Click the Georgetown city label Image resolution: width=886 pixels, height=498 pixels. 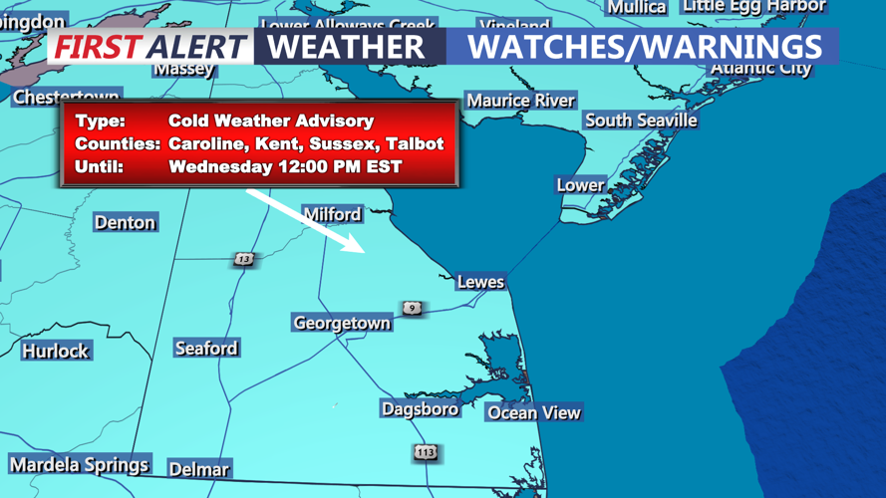(x=341, y=323)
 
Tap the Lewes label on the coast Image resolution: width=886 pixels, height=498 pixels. (x=480, y=282)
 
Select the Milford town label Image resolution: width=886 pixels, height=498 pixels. (x=332, y=214)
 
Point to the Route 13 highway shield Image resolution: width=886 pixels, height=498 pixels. (x=244, y=259)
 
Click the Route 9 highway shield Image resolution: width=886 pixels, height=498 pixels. (x=412, y=309)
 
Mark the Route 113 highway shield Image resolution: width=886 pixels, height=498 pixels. (x=426, y=452)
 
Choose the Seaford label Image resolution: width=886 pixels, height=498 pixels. (x=206, y=349)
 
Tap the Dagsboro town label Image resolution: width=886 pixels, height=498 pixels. (x=420, y=408)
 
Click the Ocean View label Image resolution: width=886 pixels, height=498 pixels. (x=533, y=412)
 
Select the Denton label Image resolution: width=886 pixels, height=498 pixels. (x=125, y=222)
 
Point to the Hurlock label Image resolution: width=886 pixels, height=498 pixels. (x=56, y=351)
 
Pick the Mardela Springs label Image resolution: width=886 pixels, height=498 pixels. (x=79, y=465)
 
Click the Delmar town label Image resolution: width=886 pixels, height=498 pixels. (x=198, y=469)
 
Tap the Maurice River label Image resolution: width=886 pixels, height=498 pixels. (x=520, y=101)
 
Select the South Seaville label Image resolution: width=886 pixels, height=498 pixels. (x=641, y=120)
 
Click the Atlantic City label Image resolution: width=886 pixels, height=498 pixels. (x=760, y=69)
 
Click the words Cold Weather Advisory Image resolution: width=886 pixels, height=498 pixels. (x=271, y=121)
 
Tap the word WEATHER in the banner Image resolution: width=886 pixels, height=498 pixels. (x=346, y=46)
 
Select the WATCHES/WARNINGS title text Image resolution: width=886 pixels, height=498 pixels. (x=644, y=46)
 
